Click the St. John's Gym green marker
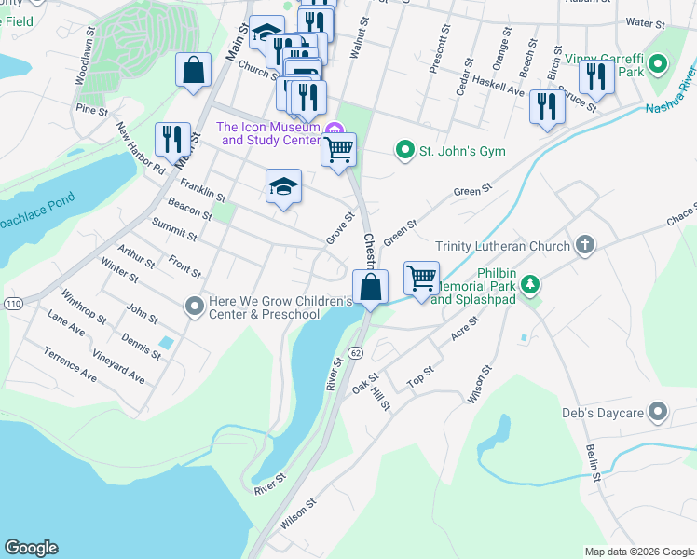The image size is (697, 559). tap(404, 149)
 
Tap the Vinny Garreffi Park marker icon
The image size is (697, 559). tap(659, 64)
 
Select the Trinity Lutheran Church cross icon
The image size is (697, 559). tap(584, 245)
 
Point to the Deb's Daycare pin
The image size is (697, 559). tap(659, 411)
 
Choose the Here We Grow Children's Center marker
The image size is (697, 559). tap(194, 306)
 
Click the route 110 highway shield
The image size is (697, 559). tap(13, 304)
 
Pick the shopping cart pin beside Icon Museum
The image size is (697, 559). tap(339, 149)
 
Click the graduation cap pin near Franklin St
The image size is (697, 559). tap(283, 185)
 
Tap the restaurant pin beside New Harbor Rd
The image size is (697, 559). tap(172, 139)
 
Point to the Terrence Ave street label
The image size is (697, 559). tap(71, 364)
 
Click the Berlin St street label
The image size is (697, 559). tap(592, 463)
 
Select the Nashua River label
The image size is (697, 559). tap(670, 91)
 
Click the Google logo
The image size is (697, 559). tap(32, 548)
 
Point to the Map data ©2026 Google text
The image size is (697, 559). tap(638, 552)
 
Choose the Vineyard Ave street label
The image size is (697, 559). tap(118, 366)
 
